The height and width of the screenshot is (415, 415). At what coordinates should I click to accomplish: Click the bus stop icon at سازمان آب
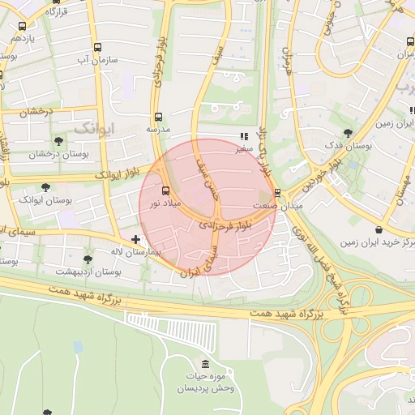(x=98, y=47)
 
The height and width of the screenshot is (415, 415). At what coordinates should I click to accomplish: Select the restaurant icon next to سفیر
(x=243, y=137)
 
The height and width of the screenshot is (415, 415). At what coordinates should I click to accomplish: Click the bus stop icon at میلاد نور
(x=166, y=191)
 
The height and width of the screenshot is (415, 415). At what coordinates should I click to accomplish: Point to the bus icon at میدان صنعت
(x=278, y=193)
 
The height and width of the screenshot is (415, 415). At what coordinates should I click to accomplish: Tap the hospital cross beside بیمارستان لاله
(x=135, y=239)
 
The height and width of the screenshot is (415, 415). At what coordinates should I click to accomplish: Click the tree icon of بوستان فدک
(x=348, y=132)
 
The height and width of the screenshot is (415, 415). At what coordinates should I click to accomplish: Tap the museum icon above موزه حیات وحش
(x=204, y=363)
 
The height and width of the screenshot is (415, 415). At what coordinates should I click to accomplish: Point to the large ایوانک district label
(x=96, y=128)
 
